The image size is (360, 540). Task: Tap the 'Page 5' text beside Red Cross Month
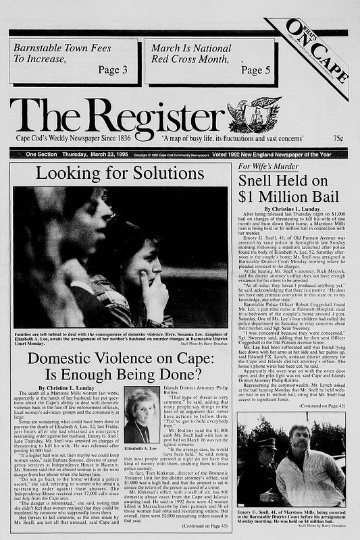click(x=255, y=70)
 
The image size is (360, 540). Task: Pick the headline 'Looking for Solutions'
click(x=121, y=173)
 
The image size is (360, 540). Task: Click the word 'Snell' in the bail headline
click(x=264, y=182)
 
